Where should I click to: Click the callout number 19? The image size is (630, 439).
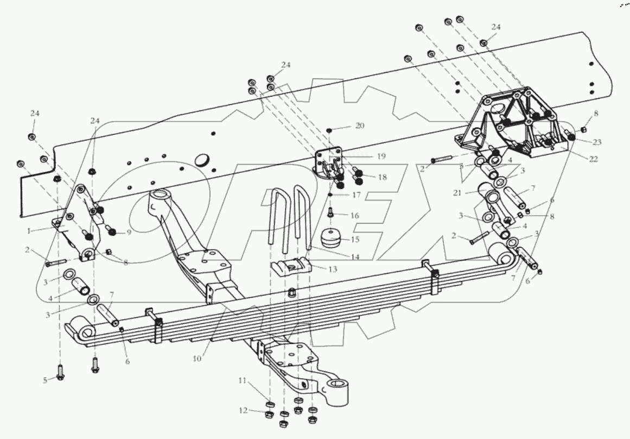[x=381, y=156]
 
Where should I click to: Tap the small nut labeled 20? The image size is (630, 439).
[x=329, y=130]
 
